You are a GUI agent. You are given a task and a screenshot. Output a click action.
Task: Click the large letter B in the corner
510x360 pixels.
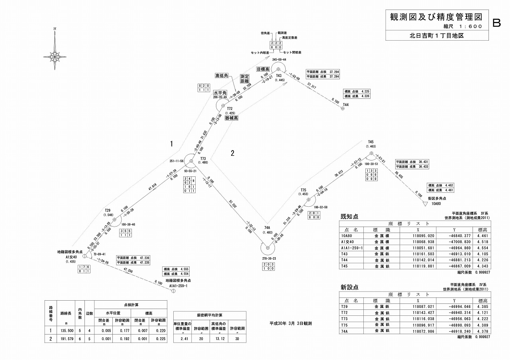(x=496, y=23)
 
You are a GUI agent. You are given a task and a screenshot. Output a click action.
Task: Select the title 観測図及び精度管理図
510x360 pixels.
(x=436, y=17)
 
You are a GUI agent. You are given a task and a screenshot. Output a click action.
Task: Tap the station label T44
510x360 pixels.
(x=345, y=105)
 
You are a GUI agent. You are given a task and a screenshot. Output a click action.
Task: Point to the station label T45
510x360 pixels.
(x=371, y=142)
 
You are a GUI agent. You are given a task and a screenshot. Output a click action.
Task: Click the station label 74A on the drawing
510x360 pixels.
(x=268, y=228)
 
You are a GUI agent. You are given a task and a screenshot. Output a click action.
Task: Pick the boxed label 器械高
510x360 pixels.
(x=231, y=118)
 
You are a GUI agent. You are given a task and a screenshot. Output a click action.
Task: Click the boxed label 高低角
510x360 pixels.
(x=221, y=76)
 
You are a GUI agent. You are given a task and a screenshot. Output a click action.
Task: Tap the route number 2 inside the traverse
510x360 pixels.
(x=233, y=153)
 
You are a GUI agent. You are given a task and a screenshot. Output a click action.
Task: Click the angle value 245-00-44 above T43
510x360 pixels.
(x=279, y=59)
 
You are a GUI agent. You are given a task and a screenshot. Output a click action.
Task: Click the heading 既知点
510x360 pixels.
(x=349, y=217)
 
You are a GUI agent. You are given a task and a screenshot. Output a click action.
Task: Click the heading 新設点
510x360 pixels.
(x=349, y=288)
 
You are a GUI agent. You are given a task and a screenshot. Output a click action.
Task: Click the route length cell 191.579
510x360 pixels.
(x=65, y=338)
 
